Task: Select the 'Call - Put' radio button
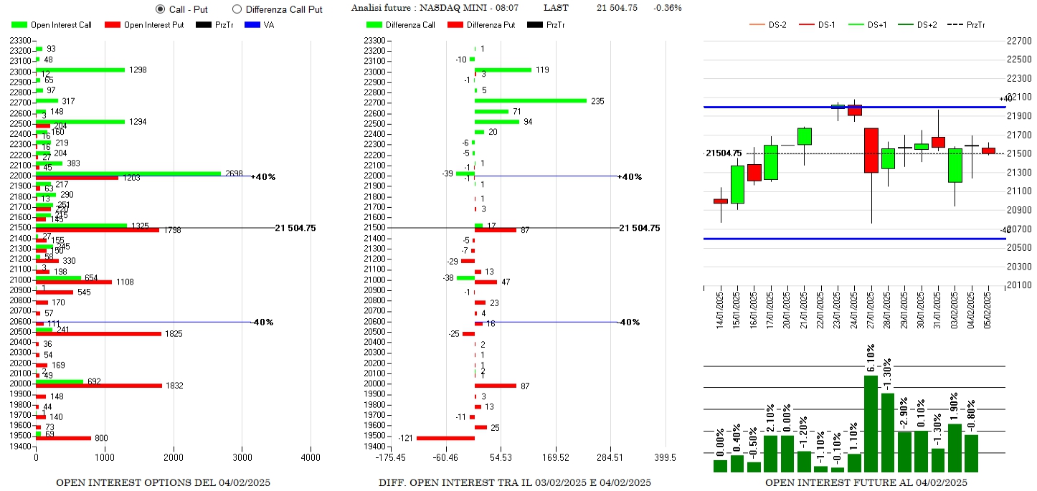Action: (160, 9)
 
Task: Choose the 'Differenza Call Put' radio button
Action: (237, 9)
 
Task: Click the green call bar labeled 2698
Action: (128, 173)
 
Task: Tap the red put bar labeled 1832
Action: (99, 386)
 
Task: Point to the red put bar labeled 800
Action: (63, 438)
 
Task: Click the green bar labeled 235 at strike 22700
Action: (531, 101)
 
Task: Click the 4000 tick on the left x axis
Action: (311, 457)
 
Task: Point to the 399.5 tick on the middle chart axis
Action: (665, 457)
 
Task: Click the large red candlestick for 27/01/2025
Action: (871, 151)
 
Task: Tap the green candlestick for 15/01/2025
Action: (737, 185)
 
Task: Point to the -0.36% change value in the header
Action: (668, 8)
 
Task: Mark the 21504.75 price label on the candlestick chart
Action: (724, 153)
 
